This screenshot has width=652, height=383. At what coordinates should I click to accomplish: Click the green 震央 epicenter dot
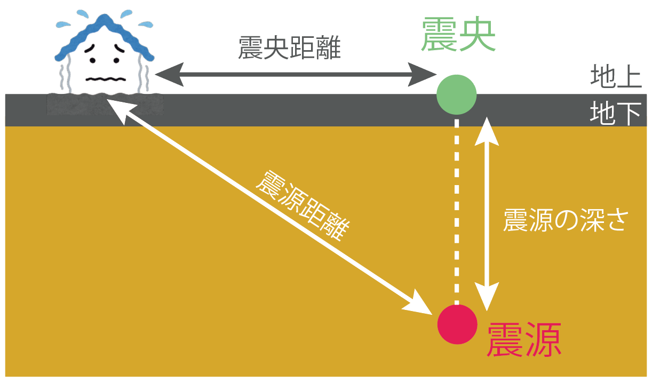(456, 94)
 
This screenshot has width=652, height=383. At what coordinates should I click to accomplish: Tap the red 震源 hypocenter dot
(457, 324)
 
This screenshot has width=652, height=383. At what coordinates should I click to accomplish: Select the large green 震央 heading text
(458, 34)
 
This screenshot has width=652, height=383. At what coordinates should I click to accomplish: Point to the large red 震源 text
(524, 339)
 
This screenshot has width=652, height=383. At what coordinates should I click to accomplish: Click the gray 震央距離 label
(289, 48)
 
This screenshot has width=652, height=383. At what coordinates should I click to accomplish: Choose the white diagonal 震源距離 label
(303, 206)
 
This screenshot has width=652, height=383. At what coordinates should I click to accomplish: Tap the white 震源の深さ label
(566, 220)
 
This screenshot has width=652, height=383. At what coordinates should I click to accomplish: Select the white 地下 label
(616, 113)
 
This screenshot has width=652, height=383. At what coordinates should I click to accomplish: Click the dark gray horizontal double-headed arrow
(296, 75)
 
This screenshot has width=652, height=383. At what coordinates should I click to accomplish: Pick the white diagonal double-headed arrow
(269, 206)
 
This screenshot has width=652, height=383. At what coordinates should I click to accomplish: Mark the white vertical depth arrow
(487, 214)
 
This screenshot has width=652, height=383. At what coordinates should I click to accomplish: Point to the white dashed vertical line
(457, 212)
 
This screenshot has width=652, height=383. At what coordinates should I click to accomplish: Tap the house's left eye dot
(92, 60)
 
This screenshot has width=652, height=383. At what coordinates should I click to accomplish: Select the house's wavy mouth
(106, 79)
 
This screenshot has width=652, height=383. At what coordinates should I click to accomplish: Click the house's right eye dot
(116, 60)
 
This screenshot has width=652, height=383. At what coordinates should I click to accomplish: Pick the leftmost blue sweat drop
(63, 25)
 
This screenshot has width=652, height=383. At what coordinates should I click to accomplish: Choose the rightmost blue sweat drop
(146, 25)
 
